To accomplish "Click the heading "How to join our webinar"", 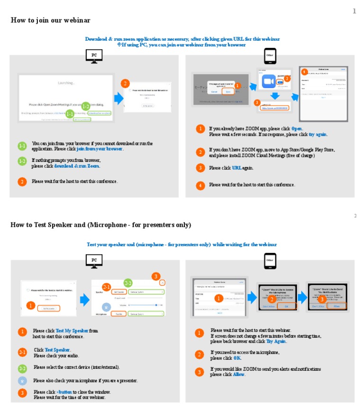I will (50, 20).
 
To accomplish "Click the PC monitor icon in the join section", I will (94, 55).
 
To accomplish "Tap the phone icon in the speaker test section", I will (270, 261).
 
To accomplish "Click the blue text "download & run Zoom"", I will (77, 166).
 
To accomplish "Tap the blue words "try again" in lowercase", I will (318, 134).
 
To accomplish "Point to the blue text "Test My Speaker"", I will (72, 331).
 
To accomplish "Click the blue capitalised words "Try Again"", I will (276, 341).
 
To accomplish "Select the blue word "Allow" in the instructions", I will (239, 374).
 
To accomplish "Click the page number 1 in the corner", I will (354, 11).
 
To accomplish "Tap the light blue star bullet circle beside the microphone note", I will (22, 381).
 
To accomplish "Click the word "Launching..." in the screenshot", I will (66, 83).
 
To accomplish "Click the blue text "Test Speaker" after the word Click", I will (57, 350).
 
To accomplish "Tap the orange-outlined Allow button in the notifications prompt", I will (337, 306).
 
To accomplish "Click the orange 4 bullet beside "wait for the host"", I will (201, 185).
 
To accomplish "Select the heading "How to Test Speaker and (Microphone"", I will (100, 225).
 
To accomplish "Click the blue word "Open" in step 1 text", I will (297, 129).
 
